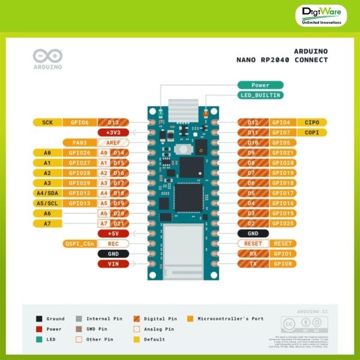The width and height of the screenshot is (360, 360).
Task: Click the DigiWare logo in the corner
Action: point(322,16)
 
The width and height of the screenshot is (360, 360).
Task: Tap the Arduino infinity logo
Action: point(47,56)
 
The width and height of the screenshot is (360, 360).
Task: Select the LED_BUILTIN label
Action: point(260,95)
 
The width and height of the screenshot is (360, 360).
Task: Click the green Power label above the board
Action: point(260,85)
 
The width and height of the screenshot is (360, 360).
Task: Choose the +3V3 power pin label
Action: point(113,132)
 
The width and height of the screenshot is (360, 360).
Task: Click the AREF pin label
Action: point(113,143)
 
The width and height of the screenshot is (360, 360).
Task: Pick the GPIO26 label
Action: point(79,152)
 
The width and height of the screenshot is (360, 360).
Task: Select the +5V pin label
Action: point(113,233)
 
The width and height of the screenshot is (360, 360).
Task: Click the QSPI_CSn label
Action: point(79,244)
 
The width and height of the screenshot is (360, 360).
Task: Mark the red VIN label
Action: point(113,263)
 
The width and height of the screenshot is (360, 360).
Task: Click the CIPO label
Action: point(311,122)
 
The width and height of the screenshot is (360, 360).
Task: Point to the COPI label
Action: point(311,132)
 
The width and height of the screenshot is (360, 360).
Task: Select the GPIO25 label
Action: point(283,223)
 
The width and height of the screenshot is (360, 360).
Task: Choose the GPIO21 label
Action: point(283,152)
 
